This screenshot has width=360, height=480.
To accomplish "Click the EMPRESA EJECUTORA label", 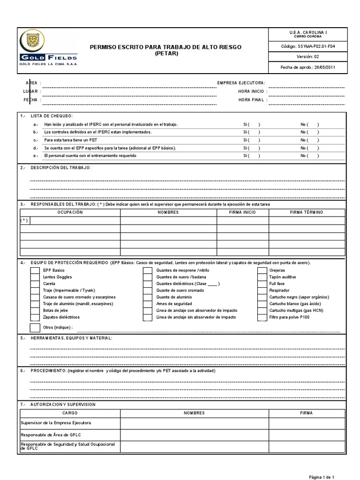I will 241,83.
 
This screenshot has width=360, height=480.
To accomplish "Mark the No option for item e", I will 310,156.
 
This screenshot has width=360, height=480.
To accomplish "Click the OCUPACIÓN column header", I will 70,212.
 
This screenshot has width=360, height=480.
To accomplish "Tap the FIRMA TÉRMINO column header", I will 307,212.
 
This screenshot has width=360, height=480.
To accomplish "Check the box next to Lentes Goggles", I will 35,277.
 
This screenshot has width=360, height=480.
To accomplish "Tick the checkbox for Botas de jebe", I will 35,311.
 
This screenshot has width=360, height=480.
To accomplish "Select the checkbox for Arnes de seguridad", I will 148,304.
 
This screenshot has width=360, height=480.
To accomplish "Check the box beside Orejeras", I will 262,271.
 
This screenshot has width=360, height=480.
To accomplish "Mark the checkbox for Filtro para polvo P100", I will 262,317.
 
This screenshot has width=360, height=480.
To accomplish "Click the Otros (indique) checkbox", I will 35,328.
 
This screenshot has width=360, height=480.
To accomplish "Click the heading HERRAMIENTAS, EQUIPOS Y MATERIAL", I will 71,338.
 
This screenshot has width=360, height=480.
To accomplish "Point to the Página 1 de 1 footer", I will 321,477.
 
